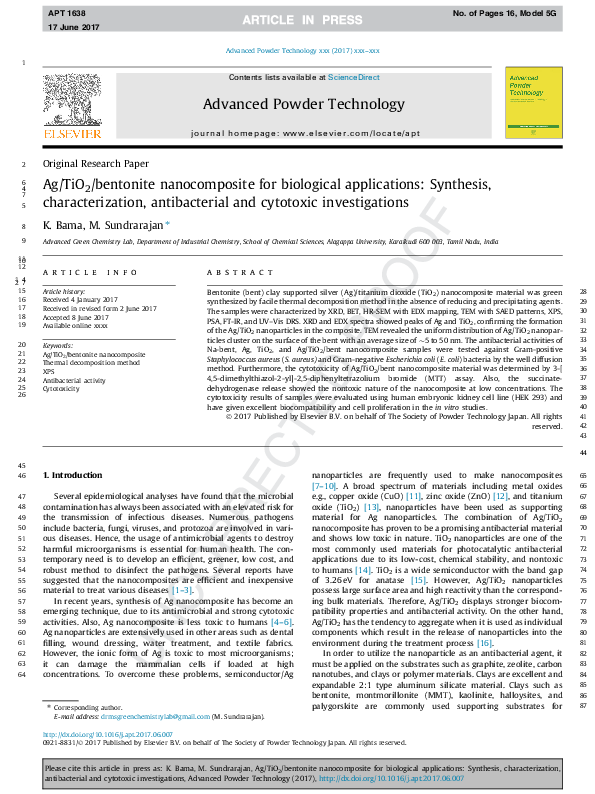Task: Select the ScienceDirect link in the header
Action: point(354,77)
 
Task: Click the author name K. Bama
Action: point(59,226)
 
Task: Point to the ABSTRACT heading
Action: point(236,272)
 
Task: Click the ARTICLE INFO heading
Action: point(90,272)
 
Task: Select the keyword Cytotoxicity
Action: point(62,388)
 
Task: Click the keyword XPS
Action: point(48,371)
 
